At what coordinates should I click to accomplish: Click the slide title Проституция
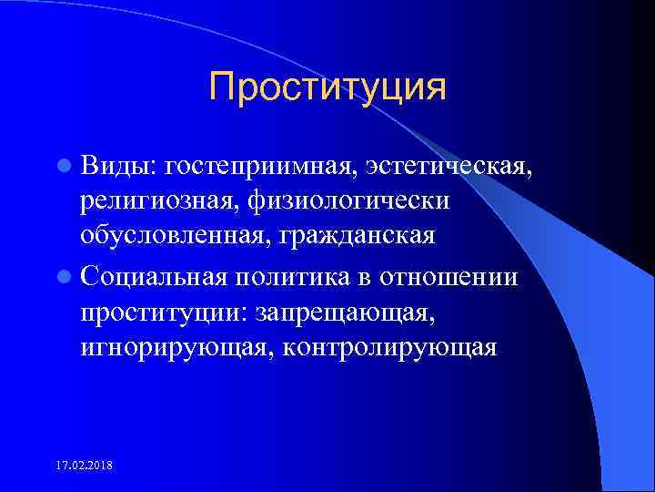tap(327, 88)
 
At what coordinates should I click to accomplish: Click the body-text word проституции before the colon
tap(163, 312)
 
